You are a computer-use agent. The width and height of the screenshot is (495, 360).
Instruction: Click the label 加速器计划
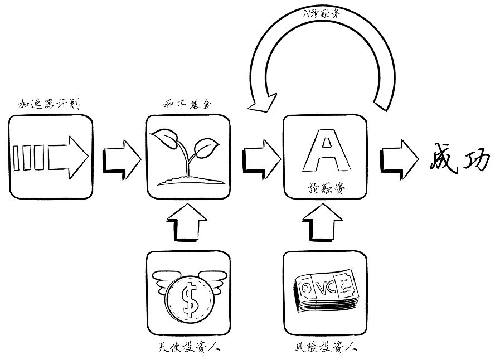click(x=50, y=104)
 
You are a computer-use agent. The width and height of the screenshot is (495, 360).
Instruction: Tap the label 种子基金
click(x=186, y=104)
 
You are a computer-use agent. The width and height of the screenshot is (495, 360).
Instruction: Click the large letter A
click(x=325, y=152)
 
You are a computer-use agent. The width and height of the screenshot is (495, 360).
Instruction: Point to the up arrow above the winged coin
click(x=188, y=223)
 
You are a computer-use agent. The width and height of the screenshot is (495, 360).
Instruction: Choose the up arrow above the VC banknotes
click(x=326, y=223)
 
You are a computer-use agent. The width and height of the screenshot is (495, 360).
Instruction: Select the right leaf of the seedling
click(x=206, y=148)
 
